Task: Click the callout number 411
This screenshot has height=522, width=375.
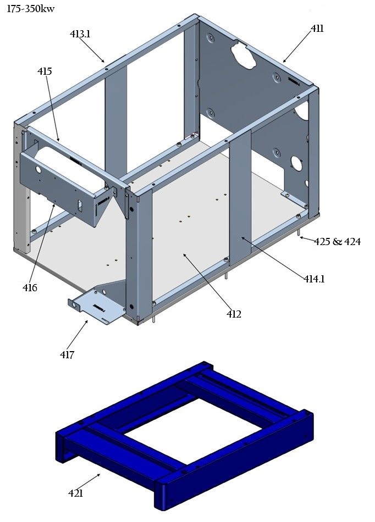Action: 317,29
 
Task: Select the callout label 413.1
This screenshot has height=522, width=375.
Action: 80,34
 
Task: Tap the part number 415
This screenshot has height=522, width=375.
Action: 45,71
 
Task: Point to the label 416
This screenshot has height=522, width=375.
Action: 30,287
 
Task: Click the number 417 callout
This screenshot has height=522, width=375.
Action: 67,355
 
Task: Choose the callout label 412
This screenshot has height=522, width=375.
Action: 234,314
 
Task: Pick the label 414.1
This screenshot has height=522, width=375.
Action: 314,279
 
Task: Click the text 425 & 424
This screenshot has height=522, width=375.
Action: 338,241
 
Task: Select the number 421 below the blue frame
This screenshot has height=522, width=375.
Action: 75,493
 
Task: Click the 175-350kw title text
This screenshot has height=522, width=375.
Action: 31,9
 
